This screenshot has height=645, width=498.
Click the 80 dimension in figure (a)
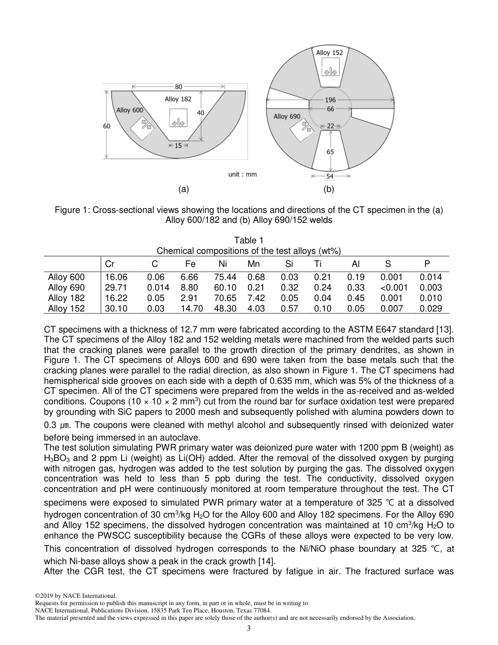(179, 87)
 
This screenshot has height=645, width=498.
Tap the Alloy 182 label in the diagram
(178, 99)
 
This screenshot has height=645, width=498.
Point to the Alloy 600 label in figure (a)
(129, 110)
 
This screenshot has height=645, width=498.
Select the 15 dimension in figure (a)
(178, 146)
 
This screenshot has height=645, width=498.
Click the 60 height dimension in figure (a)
(106, 126)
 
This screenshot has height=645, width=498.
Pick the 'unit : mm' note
(242, 174)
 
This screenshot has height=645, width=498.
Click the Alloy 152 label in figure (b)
(330, 52)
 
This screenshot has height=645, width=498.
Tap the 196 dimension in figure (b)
(330, 100)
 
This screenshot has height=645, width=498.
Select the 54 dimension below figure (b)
(330, 177)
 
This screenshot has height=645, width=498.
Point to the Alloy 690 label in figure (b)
(287, 116)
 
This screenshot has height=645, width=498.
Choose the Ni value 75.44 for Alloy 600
(225, 277)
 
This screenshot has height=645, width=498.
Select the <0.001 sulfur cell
(394, 288)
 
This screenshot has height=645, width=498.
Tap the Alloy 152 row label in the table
(66, 308)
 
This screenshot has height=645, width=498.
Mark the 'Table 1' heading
(248, 241)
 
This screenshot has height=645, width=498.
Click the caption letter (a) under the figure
(183, 189)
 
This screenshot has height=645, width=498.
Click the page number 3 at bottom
(249, 629)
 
